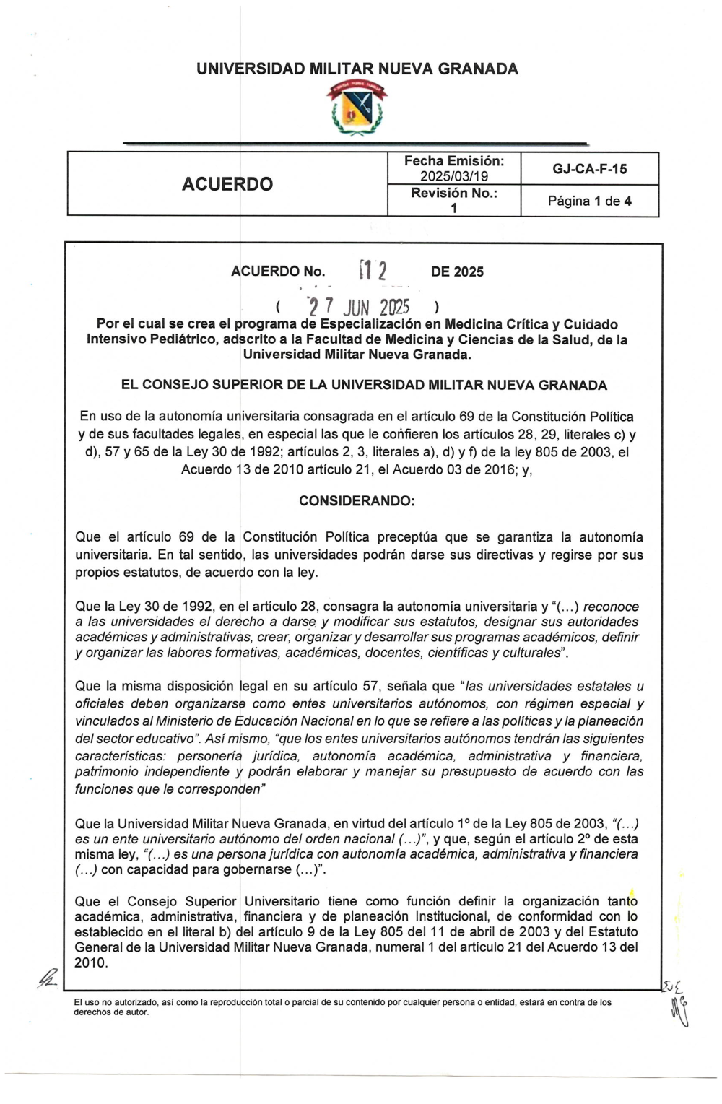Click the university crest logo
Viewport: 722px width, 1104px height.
pyautogui.click(x=357, y=108)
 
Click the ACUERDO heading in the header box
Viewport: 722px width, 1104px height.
pyautogui.click(x=227, y=184)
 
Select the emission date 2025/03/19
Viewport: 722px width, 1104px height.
pyautogui.click(x=454, y=176)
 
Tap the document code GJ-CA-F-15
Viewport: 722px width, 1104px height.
pyautogui.click(x=590, y=169)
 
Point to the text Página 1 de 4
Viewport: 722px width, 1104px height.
pyautogui.click(x=590, y=201)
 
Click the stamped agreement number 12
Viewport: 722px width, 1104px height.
pyautogui.click(x=374, y=271)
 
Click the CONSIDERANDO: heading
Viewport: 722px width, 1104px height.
pyautogui.click(x=357, y=500)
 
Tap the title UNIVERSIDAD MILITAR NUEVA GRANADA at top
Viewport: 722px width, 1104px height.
pyautogui.click(x=357, y=69)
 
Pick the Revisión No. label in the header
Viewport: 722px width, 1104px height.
pyautogui.click(x=454, y=194)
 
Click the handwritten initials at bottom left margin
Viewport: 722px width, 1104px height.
pyautogui.click(x=47, y=980)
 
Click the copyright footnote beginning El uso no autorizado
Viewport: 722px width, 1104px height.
pyautogui.click(x=343, y=1007)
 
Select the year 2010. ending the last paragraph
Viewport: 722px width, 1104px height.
pyautogui.click(x=91, y=963)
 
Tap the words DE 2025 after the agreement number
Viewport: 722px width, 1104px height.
pyautogui.click(x=457, y=271)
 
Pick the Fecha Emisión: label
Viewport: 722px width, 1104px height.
pyautogui.click(x=454, y=161)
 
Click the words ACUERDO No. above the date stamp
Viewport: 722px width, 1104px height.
pyautogui.click(x=278, y=271)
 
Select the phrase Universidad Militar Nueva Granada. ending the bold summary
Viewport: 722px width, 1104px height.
pyautogui.click(x=357, y=355)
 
